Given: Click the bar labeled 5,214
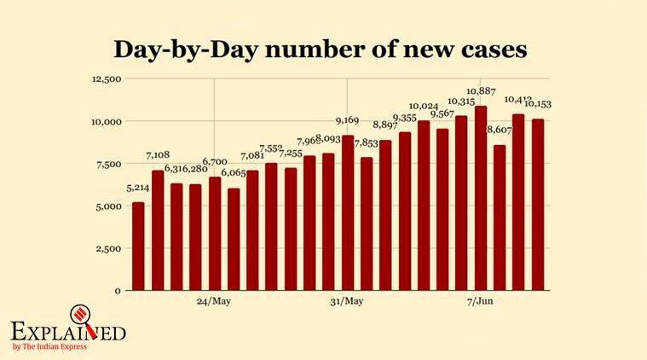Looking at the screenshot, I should [138, 247].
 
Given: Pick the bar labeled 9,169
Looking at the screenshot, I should [348, 212].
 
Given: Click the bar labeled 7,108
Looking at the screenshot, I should [158, 230].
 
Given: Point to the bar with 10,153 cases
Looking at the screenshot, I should [538, 205].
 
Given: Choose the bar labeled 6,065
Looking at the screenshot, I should [234, 239].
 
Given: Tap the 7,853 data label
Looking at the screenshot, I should [367, 142].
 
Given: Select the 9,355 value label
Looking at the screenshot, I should [405, 118].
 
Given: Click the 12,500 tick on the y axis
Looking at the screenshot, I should [107, 79].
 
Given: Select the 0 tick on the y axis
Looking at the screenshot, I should [118, 291].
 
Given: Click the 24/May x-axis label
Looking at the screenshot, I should [214, 302].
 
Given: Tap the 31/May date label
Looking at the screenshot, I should [347, 302].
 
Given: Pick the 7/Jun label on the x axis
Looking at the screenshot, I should [480, 302].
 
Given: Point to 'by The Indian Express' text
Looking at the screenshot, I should [55, 345].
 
